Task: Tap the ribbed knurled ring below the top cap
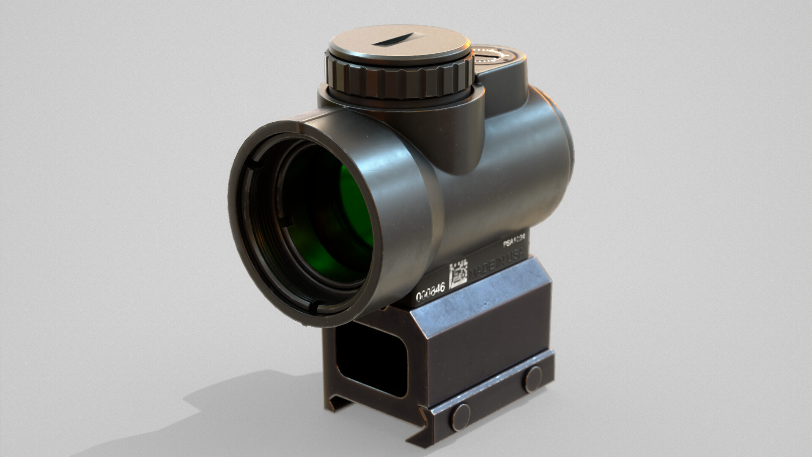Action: (398, 83)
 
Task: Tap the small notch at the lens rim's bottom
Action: (312, 306)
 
